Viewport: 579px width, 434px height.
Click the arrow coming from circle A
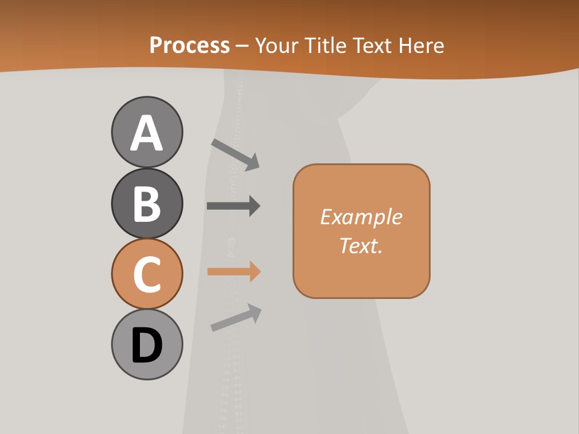click(236, 154)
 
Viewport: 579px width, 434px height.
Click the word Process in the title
click(189, 45)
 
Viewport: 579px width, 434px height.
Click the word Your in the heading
click(276, 45)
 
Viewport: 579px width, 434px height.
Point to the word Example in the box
click(361, 217)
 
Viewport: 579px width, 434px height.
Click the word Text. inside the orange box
click(361, 245)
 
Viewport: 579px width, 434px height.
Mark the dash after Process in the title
click(242, 46)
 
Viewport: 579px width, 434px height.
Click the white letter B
click(147, 204)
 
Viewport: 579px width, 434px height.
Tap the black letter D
click(147, 345)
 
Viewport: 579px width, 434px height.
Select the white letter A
click(147, 134)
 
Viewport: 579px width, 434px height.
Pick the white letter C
click(147, 274)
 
